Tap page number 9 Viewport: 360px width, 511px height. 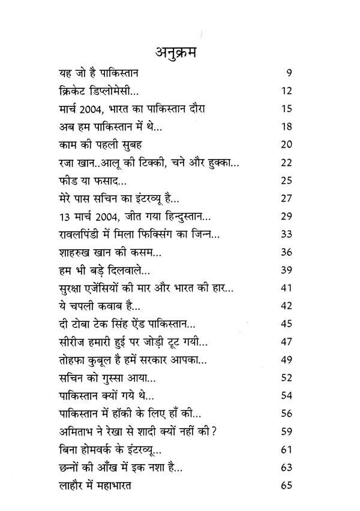[x=289, y=74]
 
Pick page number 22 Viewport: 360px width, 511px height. [x=286, y=162]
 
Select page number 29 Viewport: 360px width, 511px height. [x=286, y=216]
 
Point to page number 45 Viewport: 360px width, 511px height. [x=286, y=322]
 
